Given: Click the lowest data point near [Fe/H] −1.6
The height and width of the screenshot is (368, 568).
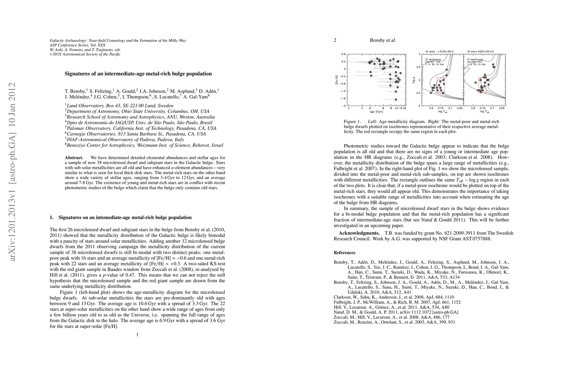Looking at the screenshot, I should click(396, 99).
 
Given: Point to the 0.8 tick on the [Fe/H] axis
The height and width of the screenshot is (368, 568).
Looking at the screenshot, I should click(343, 54).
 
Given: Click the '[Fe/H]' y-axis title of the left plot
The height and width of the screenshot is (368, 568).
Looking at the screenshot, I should click(337, 80).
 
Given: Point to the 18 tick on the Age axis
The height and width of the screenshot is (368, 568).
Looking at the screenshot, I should click(405, 108).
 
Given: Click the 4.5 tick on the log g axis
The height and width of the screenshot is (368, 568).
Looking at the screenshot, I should click(418, 93).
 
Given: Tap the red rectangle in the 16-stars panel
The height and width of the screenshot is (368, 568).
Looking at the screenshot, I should click(441, 85).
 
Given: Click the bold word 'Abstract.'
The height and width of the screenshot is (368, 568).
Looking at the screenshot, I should click(74, 158).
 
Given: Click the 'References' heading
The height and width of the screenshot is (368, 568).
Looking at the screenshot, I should click(344, 253).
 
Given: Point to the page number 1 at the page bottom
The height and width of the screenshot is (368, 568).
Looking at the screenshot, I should click(137, 335).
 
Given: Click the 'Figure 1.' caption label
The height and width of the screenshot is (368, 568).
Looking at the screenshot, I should click(352, 121).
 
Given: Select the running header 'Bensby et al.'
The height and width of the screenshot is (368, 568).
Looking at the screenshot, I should click(383, 40).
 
